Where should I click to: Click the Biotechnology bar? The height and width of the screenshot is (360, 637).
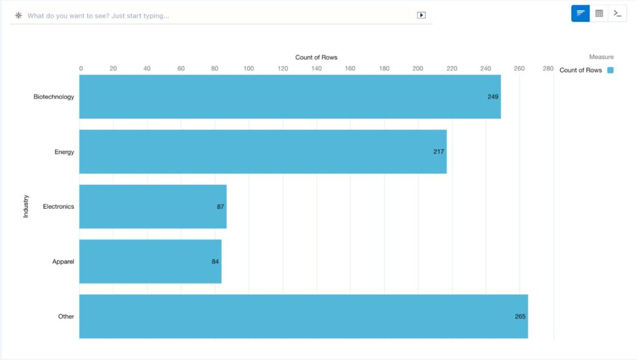[x=290, y=97]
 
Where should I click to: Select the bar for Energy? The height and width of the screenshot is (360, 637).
[x=263, y=152]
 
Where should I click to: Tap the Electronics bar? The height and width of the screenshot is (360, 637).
[x=153, y=206]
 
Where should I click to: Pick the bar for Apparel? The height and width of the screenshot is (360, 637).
[x=151, y=262]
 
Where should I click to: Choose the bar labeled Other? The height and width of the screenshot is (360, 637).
[x=304, y=316]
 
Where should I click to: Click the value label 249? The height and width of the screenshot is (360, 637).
[x=493, y=97]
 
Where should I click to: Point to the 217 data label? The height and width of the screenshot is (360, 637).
[x=439, y=152]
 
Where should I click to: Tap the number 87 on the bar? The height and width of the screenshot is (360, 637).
[x=220, y=206]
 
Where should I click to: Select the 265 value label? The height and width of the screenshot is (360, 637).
[x=520, y=316]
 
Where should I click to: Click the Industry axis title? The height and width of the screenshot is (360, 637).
[x=26, y=206]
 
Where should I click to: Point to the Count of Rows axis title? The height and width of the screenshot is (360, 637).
[x=316, y=57]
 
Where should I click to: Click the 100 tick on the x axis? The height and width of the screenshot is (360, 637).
[x=249, y=68]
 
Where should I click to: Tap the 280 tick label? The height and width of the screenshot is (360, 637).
[x=547, y=68]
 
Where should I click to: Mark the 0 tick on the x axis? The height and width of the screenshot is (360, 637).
[x=81, y=68]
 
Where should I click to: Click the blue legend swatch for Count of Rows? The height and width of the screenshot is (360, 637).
[x=610, y=70]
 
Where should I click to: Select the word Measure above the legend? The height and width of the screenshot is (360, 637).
[x=601, y=57]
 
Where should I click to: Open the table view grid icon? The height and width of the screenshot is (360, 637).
[x=599, y=13]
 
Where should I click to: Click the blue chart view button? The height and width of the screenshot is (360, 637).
[x=580, y=13]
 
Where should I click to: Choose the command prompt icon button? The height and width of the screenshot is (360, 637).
[x=617, y=13]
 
